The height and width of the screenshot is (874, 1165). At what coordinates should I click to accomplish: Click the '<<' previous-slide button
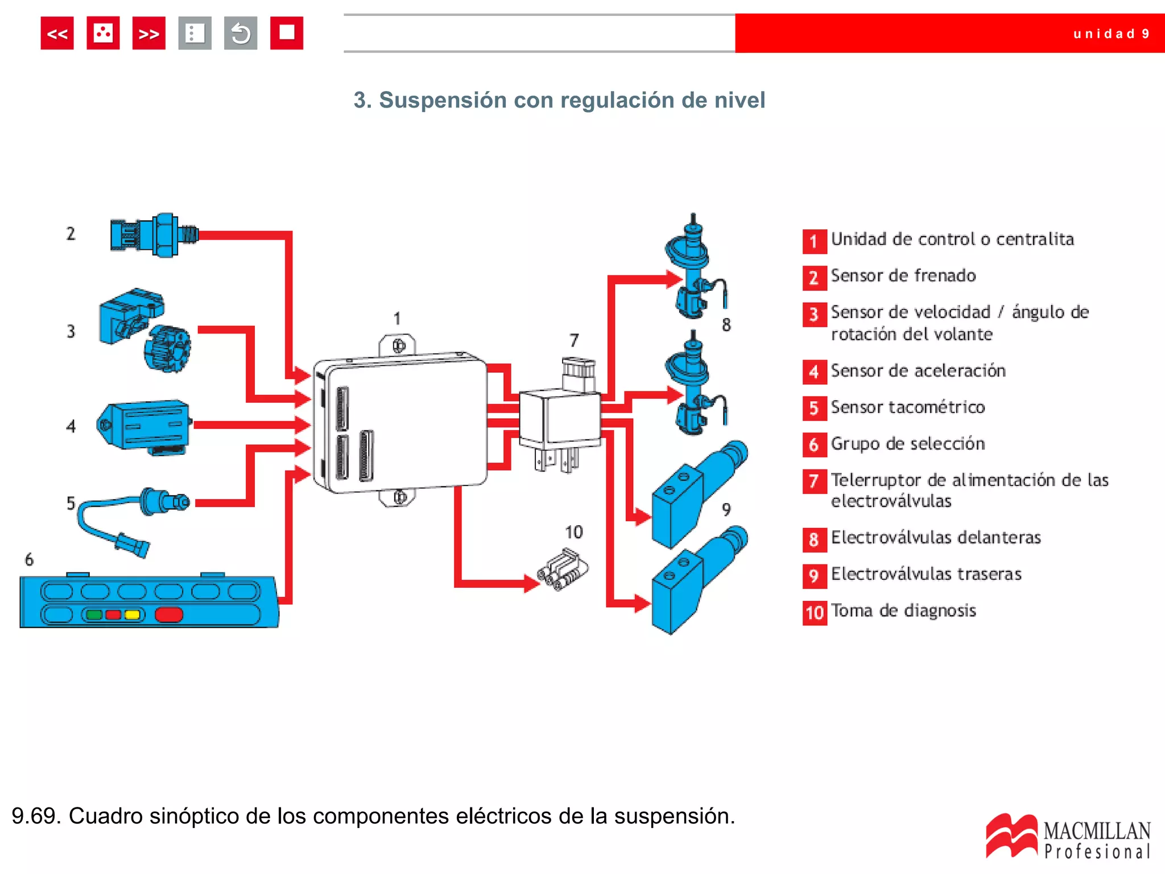[57, 34]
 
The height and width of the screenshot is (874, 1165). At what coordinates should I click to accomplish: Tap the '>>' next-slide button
[148, 34]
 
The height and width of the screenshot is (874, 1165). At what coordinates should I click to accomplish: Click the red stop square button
[286, 33]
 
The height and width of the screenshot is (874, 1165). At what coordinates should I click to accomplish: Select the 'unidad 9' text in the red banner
[1111, 34]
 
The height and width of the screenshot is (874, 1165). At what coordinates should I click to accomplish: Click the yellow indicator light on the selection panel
[132, 615]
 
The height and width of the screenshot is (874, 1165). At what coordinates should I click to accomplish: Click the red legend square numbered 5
[814, 409]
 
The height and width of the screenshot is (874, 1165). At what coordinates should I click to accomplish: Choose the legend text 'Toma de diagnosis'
[903, 611]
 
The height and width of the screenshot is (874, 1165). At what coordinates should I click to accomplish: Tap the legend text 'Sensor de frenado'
[903, 276]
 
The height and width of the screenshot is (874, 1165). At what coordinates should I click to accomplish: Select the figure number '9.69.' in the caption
[35, 816]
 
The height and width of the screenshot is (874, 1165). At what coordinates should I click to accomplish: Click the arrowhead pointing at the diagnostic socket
[531, 583]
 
